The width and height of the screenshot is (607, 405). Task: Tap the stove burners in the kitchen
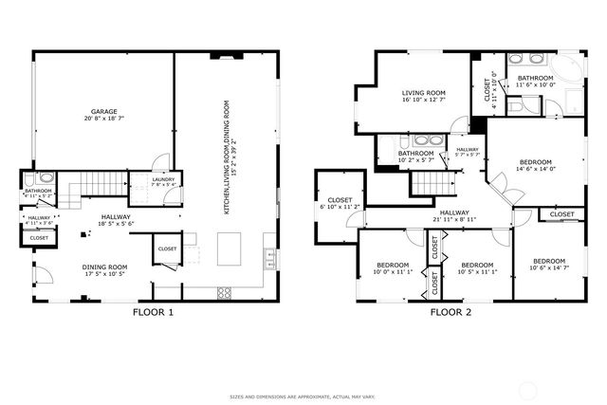tap(225, 290)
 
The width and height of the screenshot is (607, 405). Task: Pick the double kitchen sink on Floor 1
tap(269, 255)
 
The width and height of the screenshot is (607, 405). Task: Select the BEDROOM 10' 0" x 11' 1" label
tap(393, 268)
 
